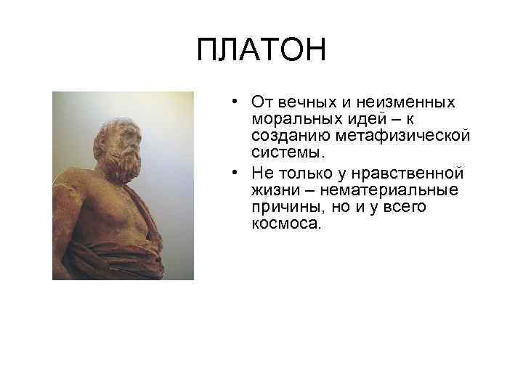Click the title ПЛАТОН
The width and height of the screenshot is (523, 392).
[261, 51]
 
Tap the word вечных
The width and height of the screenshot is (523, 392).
[297, 102]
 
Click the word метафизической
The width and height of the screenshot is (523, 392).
[387, 136]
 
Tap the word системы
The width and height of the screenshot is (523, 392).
[286, 153]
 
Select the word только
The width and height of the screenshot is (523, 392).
[298, 172]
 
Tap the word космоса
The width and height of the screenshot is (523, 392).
[284, 224]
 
